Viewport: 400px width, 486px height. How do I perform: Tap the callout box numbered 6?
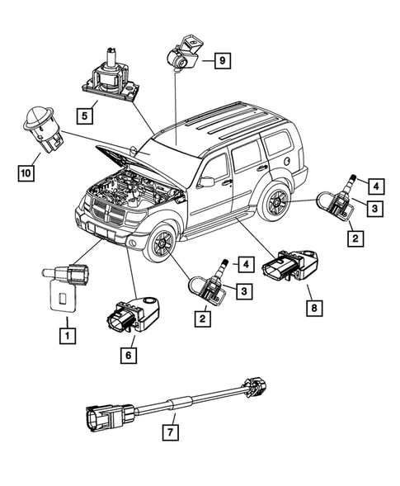click(x=128, y=356)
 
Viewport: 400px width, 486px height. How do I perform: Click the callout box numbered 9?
click(x=221, y=59)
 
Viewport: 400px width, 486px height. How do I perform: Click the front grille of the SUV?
click(x=109, y=217)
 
